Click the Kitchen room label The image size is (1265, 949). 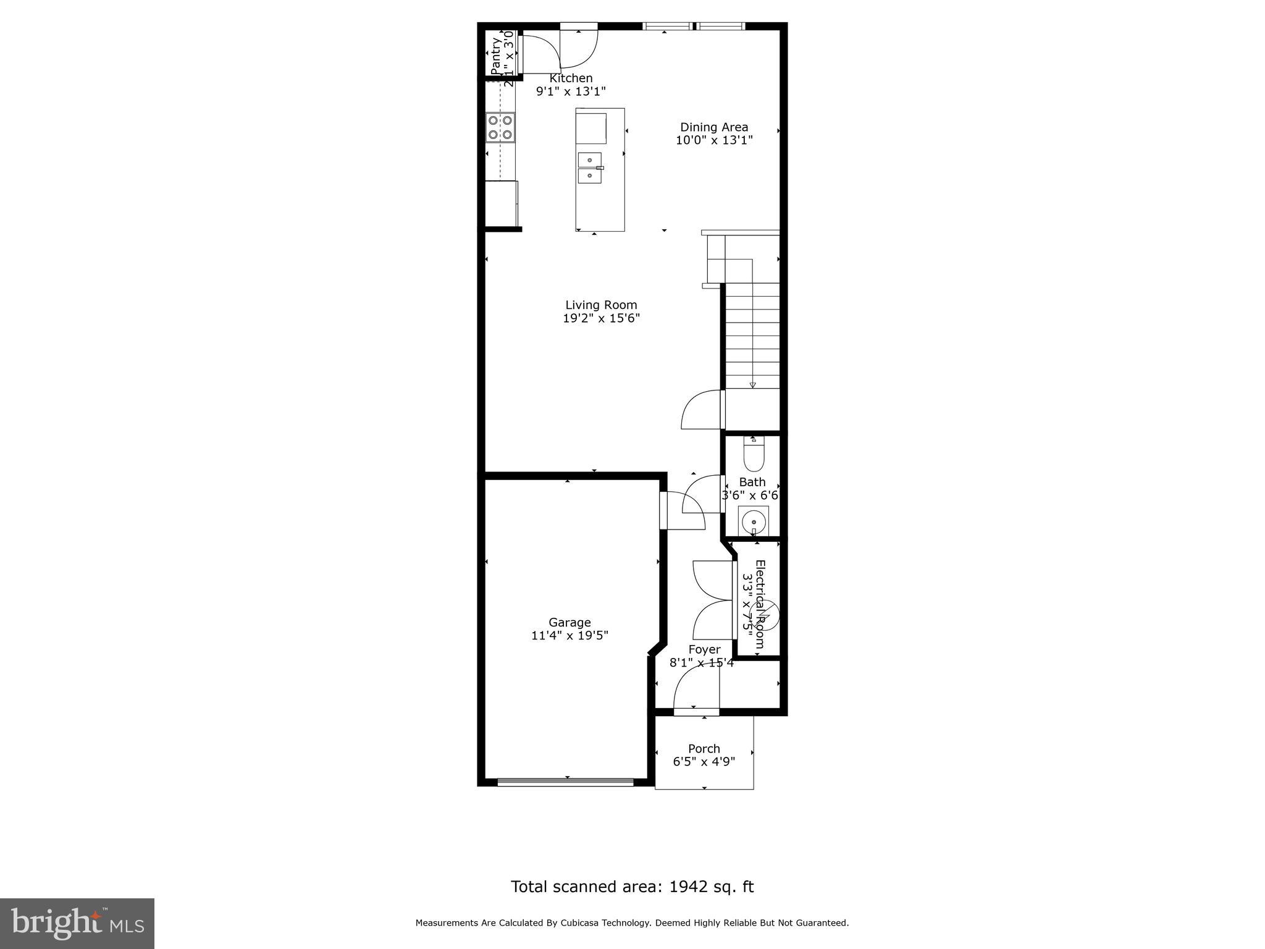point(571,78)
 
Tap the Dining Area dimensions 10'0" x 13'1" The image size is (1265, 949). point(714,140)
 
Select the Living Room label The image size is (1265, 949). point(601,305)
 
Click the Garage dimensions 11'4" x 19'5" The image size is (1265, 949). point(569,635)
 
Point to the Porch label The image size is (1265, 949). point(704,748)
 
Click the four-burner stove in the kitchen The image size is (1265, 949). point(500,127)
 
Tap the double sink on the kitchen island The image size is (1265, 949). point(589,168)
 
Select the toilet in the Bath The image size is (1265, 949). point(754,457)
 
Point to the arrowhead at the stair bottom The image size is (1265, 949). point(752,385)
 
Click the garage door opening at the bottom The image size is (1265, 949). point(565,782)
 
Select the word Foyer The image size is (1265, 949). point(704,649)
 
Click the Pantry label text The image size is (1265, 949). point(496,56)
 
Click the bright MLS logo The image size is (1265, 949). point(77,923)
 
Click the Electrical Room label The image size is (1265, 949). point(760,604)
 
